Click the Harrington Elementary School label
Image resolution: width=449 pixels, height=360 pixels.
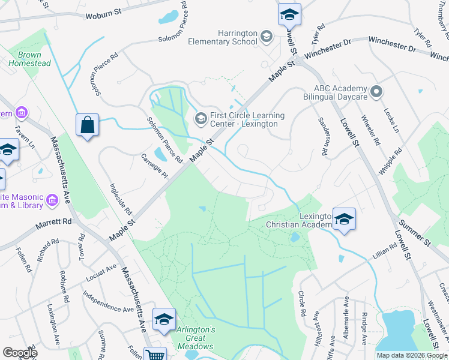coord(223,37)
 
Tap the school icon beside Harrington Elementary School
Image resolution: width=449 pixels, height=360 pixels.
coord(266,38)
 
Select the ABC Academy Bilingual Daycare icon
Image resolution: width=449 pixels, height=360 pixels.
coord(376,92)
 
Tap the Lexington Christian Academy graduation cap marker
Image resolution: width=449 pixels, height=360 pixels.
coord(344,218)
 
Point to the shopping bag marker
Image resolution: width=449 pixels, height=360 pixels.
coord(87,125)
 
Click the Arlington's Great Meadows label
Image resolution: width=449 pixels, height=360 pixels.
coord(195,338)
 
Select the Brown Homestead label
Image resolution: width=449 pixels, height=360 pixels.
coord(29,59)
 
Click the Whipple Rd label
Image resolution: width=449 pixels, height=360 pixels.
coord(388,160)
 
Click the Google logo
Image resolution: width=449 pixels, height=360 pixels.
coord(20,353)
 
